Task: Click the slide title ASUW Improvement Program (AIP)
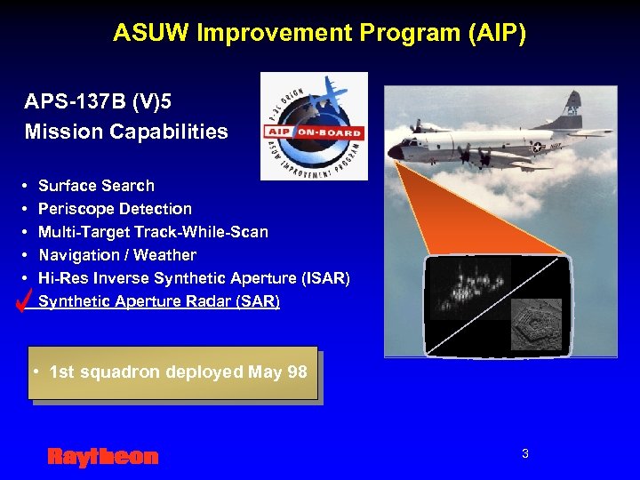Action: (319, 34)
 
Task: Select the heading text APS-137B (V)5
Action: (98, 100)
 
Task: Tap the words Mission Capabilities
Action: (126, 132)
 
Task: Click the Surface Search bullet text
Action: (96, 186)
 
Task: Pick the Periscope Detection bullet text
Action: (115, 209)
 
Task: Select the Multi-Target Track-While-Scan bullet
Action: (153, 232)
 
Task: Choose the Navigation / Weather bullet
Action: (116, 255)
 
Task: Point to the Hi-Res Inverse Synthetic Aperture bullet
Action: (194, 278)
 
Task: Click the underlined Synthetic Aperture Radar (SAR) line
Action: (158, 301)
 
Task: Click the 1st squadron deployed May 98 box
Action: (172, 372)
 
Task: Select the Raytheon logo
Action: (102, 457)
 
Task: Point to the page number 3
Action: (524, 454)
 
